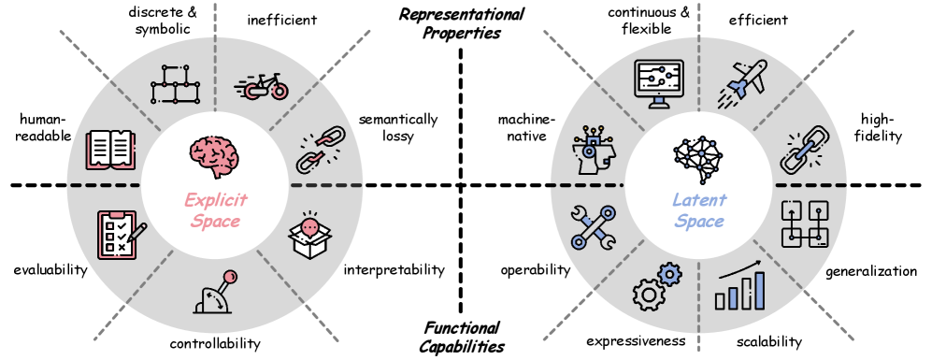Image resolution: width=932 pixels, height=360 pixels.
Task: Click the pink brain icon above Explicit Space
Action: pyautogui.click(x=214, y=152)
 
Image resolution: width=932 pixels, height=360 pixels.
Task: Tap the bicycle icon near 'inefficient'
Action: pyautogui.click(x=261, y=86)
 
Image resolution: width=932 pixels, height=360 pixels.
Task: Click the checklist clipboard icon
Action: pyautogui.click(x=121, y=234)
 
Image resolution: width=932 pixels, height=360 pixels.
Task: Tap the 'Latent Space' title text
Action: pyautogui.click(x=698, y=210)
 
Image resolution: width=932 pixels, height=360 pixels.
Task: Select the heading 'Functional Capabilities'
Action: pyautogui.click(x=463, y=336)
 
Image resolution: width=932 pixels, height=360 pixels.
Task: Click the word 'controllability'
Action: pyautogui.click(x=215, y=343)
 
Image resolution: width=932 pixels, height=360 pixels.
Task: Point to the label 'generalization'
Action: pyautogui.click(x=870, y=271)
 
